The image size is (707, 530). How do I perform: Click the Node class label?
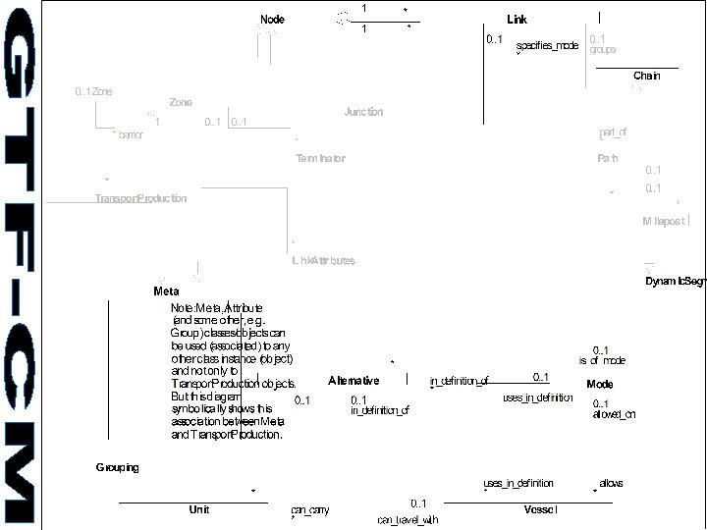click(272, 20)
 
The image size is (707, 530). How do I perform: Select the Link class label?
click(517, 20)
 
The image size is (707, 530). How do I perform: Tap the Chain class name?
click(646, 76)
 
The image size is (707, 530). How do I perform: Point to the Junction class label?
click(363, 112)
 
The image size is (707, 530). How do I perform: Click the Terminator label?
click(320, 158)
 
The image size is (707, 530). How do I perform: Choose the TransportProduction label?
click(140, 198)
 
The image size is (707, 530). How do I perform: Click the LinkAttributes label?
click(323, 260)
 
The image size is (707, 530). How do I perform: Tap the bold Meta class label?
click(166, 291)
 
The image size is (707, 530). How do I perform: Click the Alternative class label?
click(353, 380)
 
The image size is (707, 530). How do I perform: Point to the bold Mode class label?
click(599, 384)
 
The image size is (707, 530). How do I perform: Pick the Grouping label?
click(117, 467)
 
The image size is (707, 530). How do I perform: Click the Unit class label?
click(198, 509)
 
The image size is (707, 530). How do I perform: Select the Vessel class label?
click(542, 509)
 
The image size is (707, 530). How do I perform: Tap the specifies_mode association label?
click(547, 45)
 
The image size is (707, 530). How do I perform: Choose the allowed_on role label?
click(614, 414)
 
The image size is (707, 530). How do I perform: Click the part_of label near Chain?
click(612, 132)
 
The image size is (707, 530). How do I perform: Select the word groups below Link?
click(603, 49)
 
